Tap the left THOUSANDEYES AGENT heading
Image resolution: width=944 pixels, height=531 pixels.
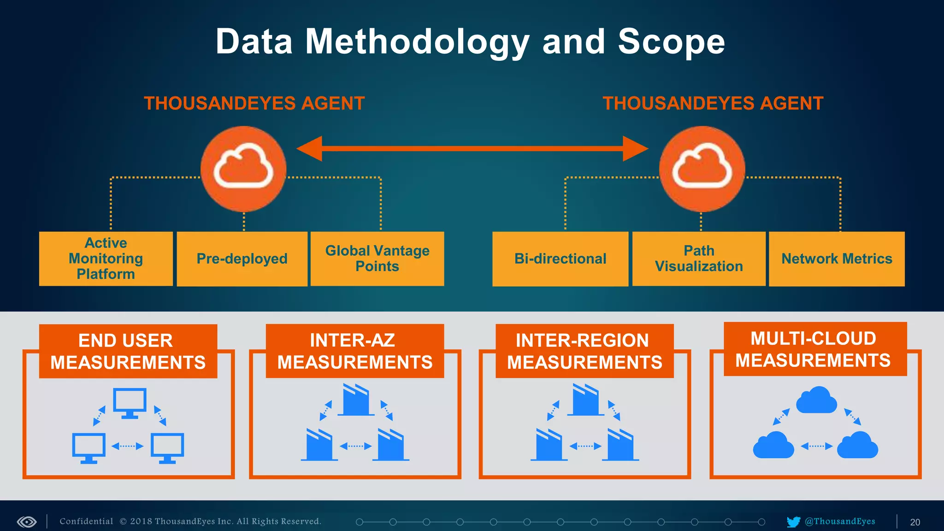[254, 103]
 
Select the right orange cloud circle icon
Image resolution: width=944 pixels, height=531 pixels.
[702, 169]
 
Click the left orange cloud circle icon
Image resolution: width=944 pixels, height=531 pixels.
[243, 169]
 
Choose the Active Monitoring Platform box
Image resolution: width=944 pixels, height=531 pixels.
[106, 259]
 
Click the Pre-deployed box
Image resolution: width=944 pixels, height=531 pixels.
[242, 259]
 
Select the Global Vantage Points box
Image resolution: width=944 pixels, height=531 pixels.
[377, 259]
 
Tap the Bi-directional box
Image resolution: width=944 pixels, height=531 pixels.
[560, 259]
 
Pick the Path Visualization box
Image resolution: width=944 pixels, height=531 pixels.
[699, 259]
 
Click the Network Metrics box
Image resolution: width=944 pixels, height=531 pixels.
[837, 259]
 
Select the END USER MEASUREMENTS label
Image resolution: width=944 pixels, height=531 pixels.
[128, 351]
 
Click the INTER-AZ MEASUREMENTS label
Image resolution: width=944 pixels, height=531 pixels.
[354, 351]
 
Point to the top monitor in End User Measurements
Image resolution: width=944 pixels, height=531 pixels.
[130, 402]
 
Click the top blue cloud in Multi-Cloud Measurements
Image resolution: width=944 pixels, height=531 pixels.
[816, 400]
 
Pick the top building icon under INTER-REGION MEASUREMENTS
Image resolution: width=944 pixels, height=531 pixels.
[585, 400]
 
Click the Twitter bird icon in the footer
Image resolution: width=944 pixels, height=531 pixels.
[793, 522]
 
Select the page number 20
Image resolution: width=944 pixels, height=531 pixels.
[915, 522]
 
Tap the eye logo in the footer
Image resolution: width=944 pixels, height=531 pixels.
[27, 522]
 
